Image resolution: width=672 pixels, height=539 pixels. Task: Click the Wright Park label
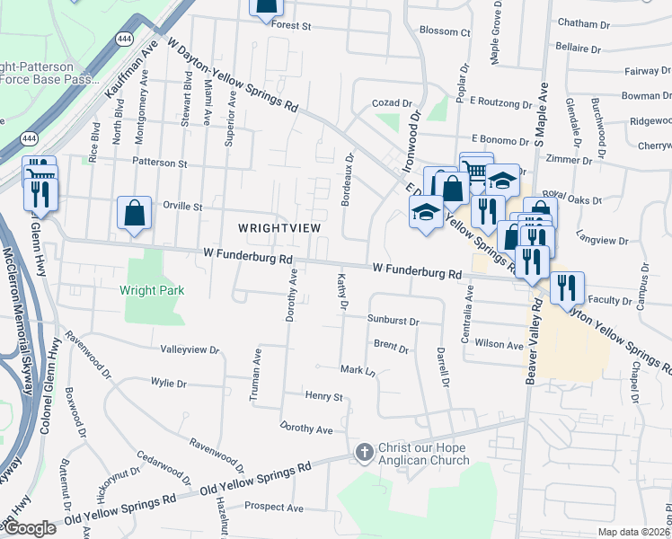click(x=152, y=290)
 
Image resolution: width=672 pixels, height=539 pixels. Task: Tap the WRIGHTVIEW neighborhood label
click(x=279, y=228)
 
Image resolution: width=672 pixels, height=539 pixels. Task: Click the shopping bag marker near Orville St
click(x=134, y=213)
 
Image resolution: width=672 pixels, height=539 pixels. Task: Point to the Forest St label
click(x=292, y=26)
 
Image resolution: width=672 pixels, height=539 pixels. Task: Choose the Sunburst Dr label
click(x=393, y=320)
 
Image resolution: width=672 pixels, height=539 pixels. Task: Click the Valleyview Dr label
click(x=190, y=349)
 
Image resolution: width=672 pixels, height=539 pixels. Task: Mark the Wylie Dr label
click(x=169, y=384)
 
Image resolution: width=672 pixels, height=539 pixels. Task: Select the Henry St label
click(x=324, y=396)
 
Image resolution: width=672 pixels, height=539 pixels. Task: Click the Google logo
click(x=30, y=528)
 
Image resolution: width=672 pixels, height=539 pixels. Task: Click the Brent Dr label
click(x=391, y=345)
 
